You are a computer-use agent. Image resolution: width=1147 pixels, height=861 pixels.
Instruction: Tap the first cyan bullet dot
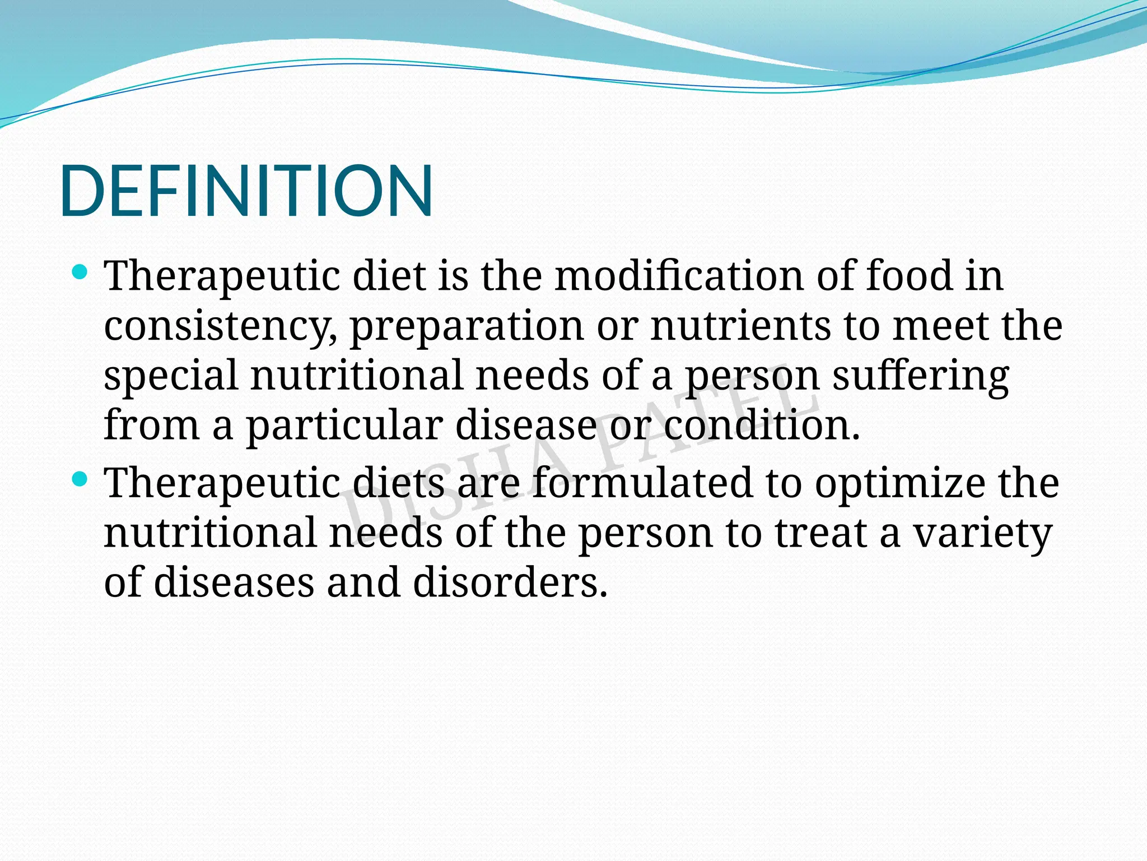tap(81, 273)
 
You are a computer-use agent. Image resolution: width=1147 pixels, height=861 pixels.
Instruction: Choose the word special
tap(171, 376)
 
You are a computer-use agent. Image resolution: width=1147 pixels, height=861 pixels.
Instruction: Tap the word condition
tap(762, 425)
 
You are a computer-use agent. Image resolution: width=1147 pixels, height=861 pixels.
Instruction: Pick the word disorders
tap(510, 582)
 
